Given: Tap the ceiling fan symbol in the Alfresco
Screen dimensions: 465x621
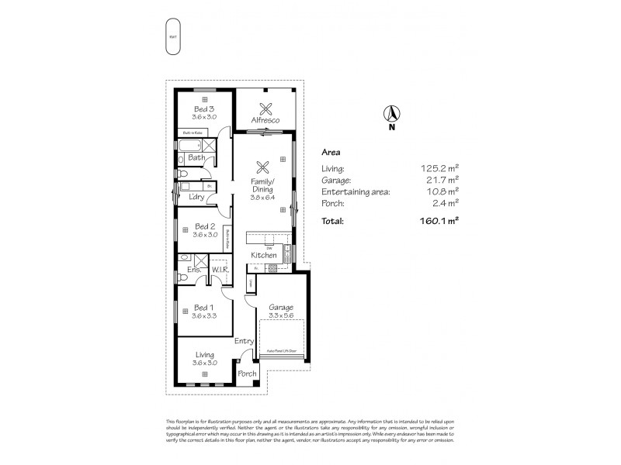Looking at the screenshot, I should tap(266, 108).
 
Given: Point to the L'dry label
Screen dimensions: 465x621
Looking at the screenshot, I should tap(196, 197).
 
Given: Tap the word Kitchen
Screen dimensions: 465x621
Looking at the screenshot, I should tap(263, 255).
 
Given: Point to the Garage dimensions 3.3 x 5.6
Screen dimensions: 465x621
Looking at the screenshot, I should tap(281, 315).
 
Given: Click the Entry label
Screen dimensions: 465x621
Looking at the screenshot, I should tap(244, 341).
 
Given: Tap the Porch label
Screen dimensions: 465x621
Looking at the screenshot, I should tap(247, 374).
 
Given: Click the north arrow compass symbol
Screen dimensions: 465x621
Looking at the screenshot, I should tap(391, 114).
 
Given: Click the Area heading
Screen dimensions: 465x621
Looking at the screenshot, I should tap(330, 153).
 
